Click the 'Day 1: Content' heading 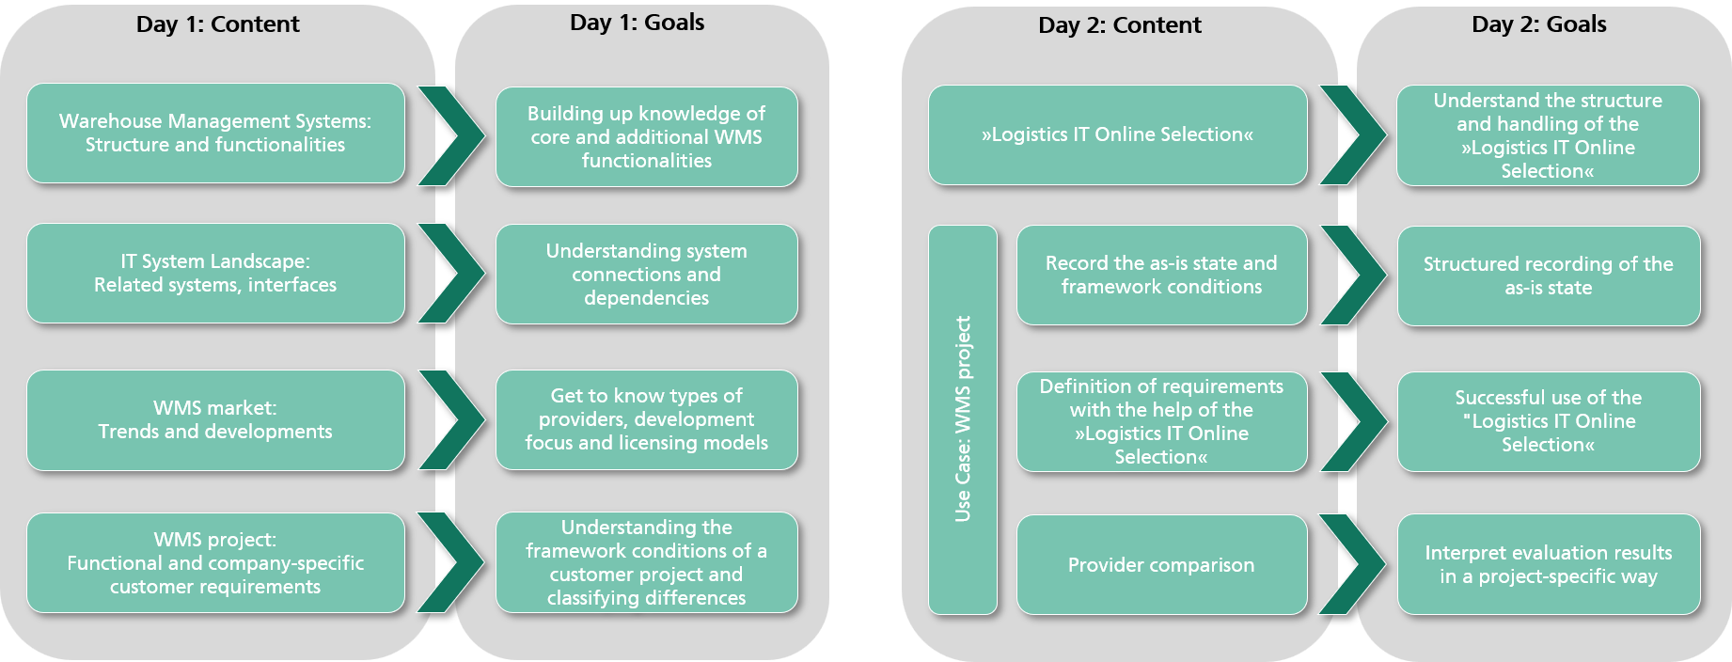[x=217, y=24]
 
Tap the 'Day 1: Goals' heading [x=637, y=23]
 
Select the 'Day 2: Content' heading [x=1119, y=25]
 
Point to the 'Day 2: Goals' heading [x=1538, y=24]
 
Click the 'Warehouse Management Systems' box [x=215, y=133]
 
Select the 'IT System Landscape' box [x=215, y=273]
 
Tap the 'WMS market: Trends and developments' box [x=215, y=419]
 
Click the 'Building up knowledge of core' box [x=646, y=136]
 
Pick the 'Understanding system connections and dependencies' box [x=646, y=274]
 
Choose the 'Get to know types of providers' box [x=646, y=419]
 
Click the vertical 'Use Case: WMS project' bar [x=962, y=419]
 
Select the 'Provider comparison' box [x=1161, y=564]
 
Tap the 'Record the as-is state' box [x=1161, y=275]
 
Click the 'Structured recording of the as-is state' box [x=1548, y=276]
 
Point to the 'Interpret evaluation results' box [x=1548, y=564]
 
